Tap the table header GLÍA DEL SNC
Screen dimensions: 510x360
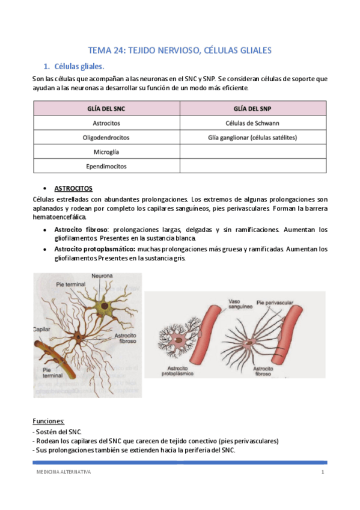pos(106,108)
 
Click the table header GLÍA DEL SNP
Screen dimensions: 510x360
pos(252,108)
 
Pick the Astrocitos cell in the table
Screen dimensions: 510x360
pos(106,123)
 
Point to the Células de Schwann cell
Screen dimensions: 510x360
pos(252,123)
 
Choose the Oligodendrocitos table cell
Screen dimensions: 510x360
pos(106,137)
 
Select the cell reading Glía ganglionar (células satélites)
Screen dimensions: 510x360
pos(252,137)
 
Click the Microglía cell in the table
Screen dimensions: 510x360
pos(106,152)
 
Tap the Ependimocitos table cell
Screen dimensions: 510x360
pos(106,166)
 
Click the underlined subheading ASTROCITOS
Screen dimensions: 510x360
pos(73,188)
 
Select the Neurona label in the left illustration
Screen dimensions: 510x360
pos(102,276)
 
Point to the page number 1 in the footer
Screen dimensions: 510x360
pos(322,473)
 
